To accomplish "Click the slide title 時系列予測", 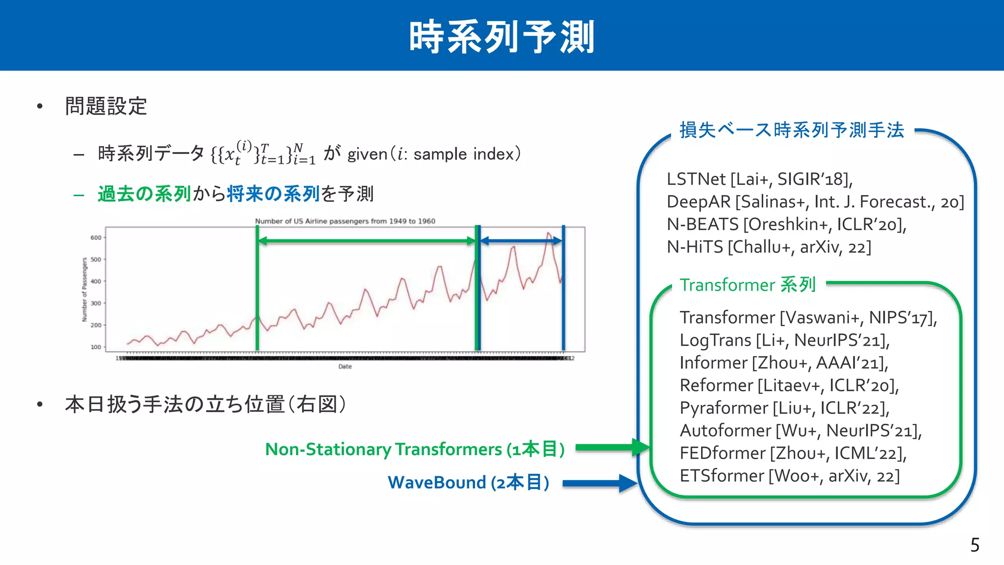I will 502,37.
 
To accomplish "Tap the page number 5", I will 975,545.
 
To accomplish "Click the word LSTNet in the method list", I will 696,179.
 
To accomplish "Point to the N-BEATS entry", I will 703,224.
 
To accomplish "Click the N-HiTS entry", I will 695,247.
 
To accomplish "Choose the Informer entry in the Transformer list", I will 713,363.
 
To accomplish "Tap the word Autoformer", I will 725,431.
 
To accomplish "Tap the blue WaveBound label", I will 437,483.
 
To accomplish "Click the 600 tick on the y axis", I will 96,237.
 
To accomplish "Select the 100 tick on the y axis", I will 96,347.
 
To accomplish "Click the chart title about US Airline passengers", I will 345,221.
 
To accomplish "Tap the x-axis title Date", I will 345,366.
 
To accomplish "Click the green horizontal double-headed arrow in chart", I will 366,241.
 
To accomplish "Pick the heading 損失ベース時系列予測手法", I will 791,130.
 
